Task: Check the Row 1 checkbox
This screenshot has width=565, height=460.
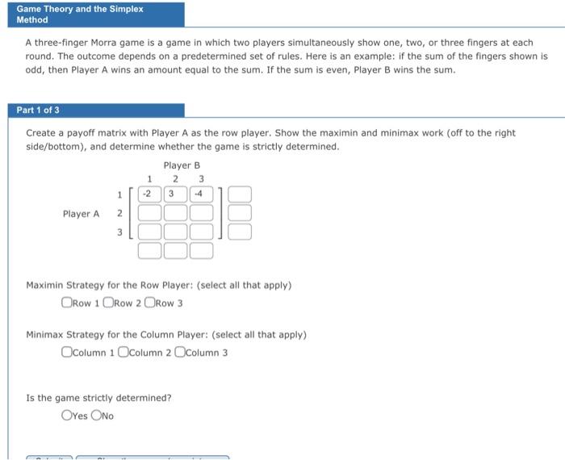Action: point(66,303)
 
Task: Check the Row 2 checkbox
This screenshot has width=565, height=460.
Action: point(107,303)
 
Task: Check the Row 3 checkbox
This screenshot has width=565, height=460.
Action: point(149,303)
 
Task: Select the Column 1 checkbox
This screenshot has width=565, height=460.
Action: point(66,352)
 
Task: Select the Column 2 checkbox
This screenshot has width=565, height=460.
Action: point(123,352)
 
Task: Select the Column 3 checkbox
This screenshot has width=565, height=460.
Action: point(180,352)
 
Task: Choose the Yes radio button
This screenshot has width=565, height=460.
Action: point(66,416)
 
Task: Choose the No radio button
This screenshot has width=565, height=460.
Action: point(97,416)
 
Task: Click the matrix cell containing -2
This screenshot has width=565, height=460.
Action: point(149,194)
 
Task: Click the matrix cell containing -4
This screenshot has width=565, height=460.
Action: point(201,194)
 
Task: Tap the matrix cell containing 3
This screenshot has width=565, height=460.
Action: point(175,194)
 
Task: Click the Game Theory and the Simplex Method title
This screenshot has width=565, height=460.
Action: point(79,15)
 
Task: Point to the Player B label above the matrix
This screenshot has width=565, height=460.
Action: point(182,165)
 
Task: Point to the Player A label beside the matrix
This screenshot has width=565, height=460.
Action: point(81,214)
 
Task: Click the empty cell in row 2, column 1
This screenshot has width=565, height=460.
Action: point(149,214)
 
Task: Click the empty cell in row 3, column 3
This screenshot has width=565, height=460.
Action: point(201,232)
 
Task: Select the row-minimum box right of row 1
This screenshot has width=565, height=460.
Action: point(240,194)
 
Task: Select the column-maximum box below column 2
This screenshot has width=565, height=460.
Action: point(175,251)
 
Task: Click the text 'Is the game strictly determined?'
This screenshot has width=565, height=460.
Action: point(98,398)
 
